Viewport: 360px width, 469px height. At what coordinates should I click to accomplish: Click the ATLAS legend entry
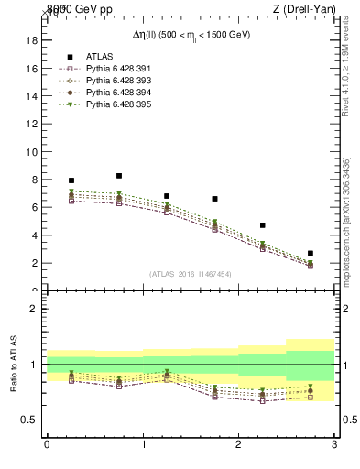(99, 55)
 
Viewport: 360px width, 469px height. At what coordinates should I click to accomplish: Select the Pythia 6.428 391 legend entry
(114, 68)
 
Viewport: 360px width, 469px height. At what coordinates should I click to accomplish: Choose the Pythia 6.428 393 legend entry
(114, 81)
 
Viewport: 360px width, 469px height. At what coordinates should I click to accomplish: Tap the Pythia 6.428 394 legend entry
(114, 93)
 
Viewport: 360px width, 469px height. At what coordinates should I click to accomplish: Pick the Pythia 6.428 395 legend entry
(114, 105)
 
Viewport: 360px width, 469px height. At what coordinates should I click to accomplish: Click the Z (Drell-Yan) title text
(306, 9)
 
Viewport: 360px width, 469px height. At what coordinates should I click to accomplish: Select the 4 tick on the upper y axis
(34, 235)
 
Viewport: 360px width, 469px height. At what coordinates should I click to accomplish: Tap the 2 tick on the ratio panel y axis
(34, 310)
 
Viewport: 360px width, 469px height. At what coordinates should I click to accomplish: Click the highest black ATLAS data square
(119, 176)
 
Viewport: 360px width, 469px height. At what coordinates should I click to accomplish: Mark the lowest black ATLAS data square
(311, 253)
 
